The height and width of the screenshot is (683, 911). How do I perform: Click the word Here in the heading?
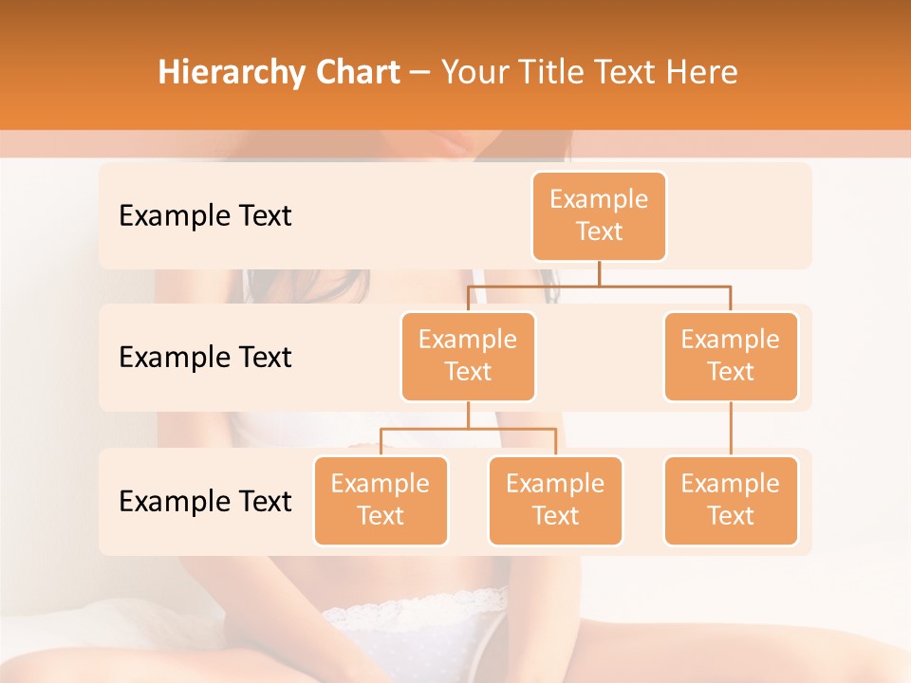703,73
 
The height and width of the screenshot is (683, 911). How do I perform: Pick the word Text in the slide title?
631,73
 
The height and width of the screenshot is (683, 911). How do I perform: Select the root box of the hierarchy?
599,215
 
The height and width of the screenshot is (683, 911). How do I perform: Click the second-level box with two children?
468,356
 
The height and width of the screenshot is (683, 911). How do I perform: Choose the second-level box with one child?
731,356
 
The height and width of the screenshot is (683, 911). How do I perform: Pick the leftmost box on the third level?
381,500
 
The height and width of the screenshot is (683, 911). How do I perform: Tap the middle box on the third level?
555,500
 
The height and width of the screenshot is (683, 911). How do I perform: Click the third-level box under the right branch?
731,500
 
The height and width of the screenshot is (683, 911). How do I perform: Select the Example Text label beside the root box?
205,216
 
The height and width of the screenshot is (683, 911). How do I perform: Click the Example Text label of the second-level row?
205,358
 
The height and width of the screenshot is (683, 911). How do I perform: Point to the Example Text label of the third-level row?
205,501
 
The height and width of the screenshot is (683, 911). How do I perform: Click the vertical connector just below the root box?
599,273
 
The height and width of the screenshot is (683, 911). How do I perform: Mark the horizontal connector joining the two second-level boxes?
599,286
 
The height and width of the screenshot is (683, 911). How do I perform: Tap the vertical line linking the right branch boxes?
731,428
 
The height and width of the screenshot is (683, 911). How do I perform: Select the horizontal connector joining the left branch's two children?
468,429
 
